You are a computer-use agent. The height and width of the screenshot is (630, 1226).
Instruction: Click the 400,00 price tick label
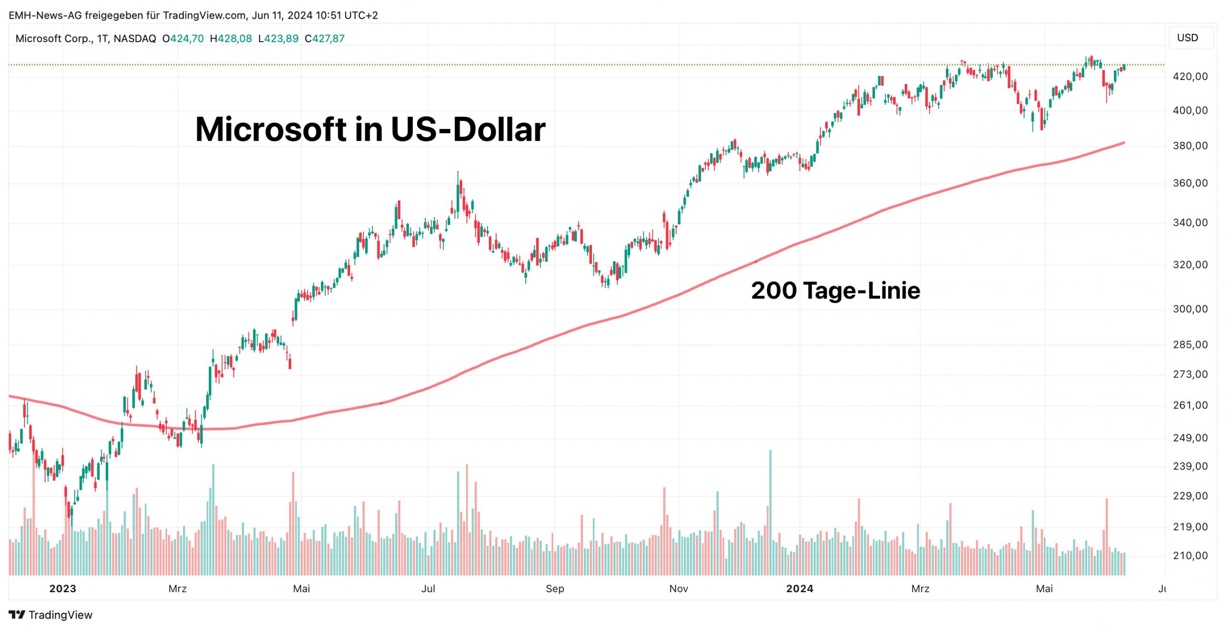pos(1190,111)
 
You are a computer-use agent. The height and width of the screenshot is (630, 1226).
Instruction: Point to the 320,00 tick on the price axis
pos(1190,265)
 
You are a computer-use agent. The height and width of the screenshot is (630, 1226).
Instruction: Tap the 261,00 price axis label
pos(1190,405)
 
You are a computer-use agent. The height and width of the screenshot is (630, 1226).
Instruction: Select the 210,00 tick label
pos(1190,556)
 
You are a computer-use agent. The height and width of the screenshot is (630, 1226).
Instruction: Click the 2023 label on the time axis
pos(63,589)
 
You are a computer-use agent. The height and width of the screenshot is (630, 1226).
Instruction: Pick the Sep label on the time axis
pos(555,589)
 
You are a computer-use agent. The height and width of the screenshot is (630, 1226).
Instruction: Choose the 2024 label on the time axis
pos(799,589)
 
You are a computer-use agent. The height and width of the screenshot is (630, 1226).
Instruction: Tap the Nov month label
pos(678,589)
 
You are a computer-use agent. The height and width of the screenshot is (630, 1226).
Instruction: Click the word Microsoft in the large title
pos(271,129)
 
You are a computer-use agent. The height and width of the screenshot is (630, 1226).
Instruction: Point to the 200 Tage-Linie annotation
pos(835,291)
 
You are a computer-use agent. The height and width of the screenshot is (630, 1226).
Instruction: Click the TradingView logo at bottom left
pos(50,615)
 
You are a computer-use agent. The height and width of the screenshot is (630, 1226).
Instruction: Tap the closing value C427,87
pos(324,39)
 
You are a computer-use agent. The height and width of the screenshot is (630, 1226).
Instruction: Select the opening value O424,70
pos(183,39)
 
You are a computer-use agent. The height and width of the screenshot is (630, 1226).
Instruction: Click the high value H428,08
pos(231,39)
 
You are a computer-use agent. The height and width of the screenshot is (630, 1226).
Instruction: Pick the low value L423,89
pos(278,39)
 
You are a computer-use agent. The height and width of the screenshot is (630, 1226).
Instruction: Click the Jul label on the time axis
pos(428,589)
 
